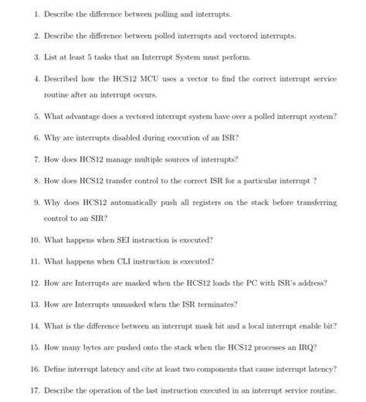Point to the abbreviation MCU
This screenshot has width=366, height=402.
point(150,79)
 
